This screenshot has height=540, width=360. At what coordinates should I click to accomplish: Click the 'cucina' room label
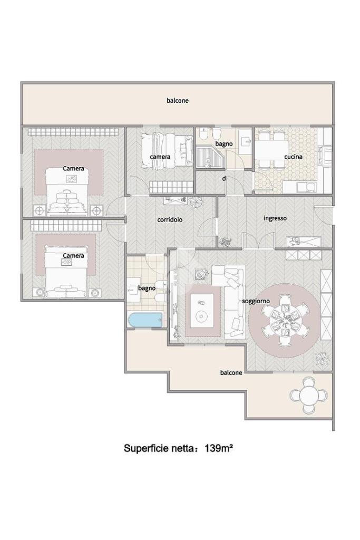tap(293, 157)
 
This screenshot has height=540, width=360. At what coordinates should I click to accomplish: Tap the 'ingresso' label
tap(275, 218)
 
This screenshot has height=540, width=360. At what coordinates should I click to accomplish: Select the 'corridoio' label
tap(170, 219)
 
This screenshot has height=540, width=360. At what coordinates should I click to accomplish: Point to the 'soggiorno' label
tap(256, 301)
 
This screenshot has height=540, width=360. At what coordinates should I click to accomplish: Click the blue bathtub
tap(145, 320)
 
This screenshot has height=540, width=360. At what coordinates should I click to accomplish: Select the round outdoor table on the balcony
tap(308, 396)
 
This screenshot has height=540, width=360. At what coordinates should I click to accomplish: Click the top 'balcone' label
tap(178, 101)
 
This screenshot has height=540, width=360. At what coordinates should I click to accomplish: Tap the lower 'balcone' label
tap(231, 373)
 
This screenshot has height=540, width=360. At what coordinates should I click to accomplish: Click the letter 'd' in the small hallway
tap(224, 178)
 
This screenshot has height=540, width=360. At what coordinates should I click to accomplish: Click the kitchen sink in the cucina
tap(307, 187)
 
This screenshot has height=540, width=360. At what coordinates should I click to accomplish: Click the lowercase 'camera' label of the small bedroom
tap(160, 157)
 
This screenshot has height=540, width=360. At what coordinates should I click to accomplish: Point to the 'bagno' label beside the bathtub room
tap(147, 288)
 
